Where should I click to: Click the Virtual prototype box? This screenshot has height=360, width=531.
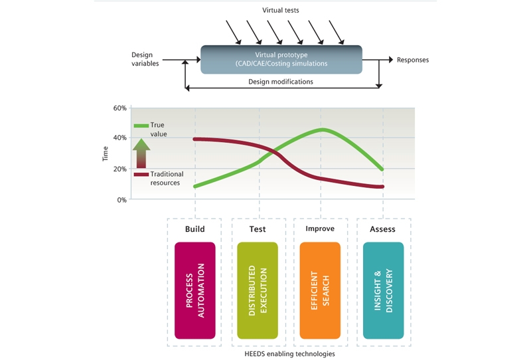[x=281, y=60]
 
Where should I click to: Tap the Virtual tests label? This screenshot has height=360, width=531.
[x=281, y=10]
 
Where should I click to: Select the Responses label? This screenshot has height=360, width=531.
[x=413, y=60]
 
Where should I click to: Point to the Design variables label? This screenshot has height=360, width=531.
[x=145, y=59]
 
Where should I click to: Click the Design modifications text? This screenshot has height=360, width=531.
[x=281, y=82]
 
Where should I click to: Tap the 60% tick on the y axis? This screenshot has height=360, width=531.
[x=120, y=108]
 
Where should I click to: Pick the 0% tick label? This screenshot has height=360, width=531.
[x=122, y=200]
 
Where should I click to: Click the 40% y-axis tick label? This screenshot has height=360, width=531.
[x=120, y=137]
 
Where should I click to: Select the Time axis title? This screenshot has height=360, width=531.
[x=106, y=153]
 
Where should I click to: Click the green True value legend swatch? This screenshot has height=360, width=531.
[x=141, y=126]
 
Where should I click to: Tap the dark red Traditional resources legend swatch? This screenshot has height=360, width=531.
[x=141, y=175]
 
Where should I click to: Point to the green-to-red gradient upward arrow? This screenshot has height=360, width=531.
[x=141, y=153]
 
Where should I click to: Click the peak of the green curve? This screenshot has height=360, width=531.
[x=323, y=130]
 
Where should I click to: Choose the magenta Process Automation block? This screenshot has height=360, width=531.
[x=195, y=290]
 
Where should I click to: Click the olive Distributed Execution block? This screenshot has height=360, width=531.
[x=258, y=290]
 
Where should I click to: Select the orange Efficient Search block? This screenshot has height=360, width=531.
[x=320, y=290]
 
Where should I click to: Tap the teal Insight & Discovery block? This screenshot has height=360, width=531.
[x=384, y=290]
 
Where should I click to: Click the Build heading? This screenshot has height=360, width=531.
[x=194, y=229]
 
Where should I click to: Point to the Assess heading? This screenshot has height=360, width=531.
[x=382, y=229]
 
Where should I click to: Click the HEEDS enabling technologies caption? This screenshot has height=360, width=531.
[x=289, y=354]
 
